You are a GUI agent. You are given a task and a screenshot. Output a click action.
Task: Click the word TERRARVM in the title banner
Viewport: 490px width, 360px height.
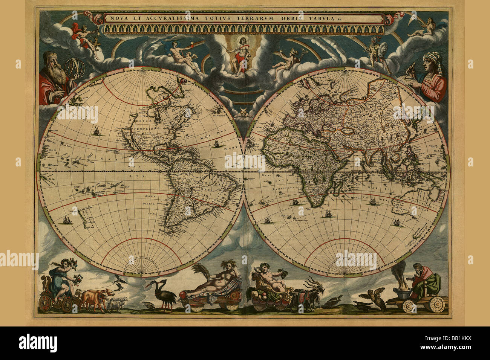click(280, 18)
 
